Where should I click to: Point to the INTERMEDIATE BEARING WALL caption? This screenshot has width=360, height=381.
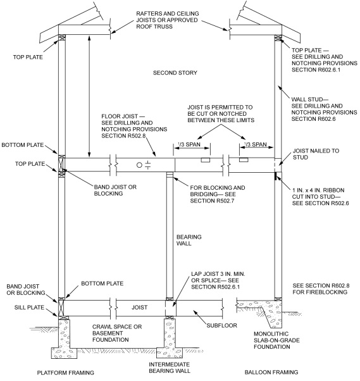coord(170,369)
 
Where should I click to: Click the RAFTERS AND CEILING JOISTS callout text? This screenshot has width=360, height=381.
coord(170,18)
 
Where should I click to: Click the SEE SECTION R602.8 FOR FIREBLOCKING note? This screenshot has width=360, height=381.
coord(315,288)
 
